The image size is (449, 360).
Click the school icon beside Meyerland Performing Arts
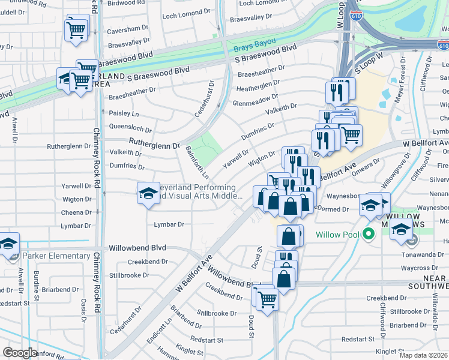[x=148, y=193]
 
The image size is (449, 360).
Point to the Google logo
[x=20, y=352]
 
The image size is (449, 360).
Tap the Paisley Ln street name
[x=122, y=113]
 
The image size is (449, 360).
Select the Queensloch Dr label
[x=130, y=127]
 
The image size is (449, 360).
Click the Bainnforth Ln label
[x=197, y=163]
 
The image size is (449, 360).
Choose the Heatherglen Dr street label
[x=258, y=88]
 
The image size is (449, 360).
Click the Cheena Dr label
[x=76, y=212]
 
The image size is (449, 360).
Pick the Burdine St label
[x=37, y=284]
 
